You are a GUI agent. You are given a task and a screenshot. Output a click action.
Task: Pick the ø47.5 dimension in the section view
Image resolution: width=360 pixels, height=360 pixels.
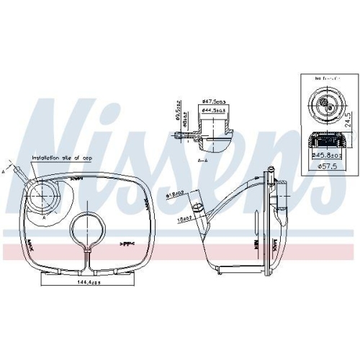point(215,102)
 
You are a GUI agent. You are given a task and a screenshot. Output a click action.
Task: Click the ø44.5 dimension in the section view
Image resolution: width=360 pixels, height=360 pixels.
point(215,111)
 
